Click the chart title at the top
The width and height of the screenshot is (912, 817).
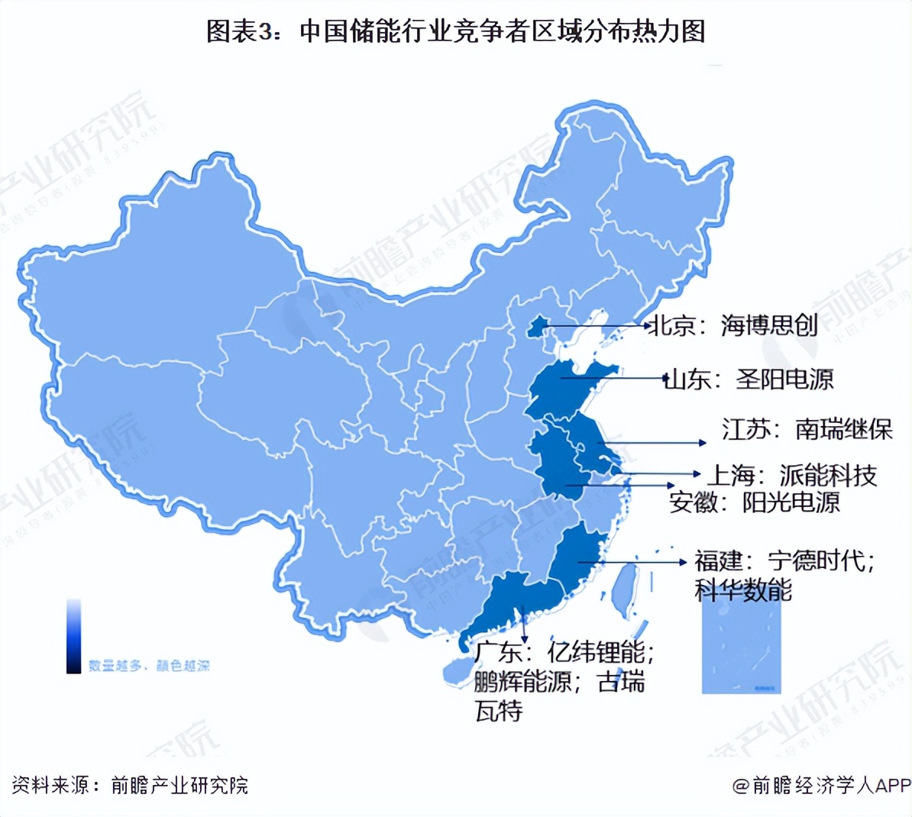[x=455, y=31]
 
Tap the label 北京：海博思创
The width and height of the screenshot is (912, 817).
[x=733, y=325]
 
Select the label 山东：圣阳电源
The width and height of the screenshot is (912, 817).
[x=748, y=379]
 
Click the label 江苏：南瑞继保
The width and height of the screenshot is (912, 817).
[x=807, y=429]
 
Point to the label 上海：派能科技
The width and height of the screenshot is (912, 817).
[x=791, y=476]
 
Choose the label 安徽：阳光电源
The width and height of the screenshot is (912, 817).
[x=754, y=502]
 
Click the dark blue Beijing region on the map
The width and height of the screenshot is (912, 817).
[x=538, y=327]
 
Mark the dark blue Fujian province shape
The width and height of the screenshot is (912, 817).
[x=577, y=561]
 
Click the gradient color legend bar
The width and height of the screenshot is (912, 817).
[x=73, y=636]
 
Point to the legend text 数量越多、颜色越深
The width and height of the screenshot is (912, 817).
[x=149, y=666]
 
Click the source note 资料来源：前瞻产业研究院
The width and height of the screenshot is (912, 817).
[x=130, y=785]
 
